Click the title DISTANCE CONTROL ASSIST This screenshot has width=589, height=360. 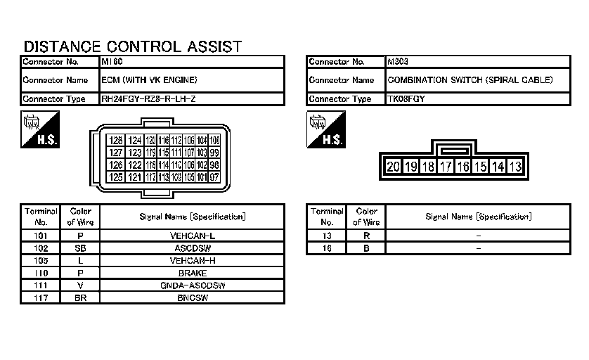click(133, 46)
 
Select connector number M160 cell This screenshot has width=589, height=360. click(112, 62)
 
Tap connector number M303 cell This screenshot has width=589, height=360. click(398, 62)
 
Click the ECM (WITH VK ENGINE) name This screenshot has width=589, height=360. click(149, 80)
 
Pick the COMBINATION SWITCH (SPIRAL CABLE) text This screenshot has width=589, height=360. click(470, 80)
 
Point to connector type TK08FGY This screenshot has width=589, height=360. click(406, 99)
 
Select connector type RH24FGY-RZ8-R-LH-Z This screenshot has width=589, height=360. click(148, 99)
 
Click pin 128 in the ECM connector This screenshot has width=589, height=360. click(116, 141)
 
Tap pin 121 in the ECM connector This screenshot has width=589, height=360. click(135, 176)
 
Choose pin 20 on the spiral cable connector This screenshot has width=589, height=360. click(393, 167)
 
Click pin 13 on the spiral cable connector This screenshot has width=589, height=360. click(515, 167)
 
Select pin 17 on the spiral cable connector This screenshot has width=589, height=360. click(445, 167)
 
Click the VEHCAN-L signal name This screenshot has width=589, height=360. click(193, 236)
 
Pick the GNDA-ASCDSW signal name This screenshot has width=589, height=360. click(193, 285)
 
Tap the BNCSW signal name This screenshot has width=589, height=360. click(193, 298)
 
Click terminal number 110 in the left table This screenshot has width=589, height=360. click(40, 274)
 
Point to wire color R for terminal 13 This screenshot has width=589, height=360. click(366, 236)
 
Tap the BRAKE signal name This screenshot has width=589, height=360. click(193, 274)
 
